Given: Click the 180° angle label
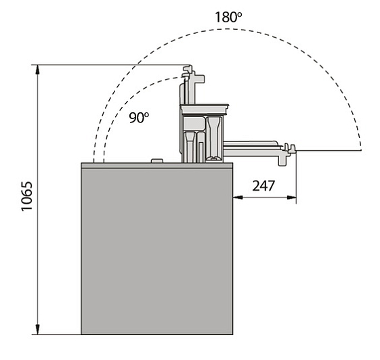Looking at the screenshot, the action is pyautogui.click(x=228, y=17).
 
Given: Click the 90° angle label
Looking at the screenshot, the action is pyautogui.click(x=139, y=118).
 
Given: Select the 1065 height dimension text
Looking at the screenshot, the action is pyautogui.click(x=26, y=196).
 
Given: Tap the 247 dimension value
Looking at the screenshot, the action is pyautogui.click(x=263, y=185).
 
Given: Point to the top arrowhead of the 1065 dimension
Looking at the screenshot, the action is pyautogui.click(x=37, y=70).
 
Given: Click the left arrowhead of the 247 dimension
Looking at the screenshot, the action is pyautogui.click(x=238, y=198).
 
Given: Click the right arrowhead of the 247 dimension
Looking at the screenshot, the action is pyautogui.click(x=291, y=198).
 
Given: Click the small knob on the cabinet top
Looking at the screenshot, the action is pyautogui.click(x=156, y=161).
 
